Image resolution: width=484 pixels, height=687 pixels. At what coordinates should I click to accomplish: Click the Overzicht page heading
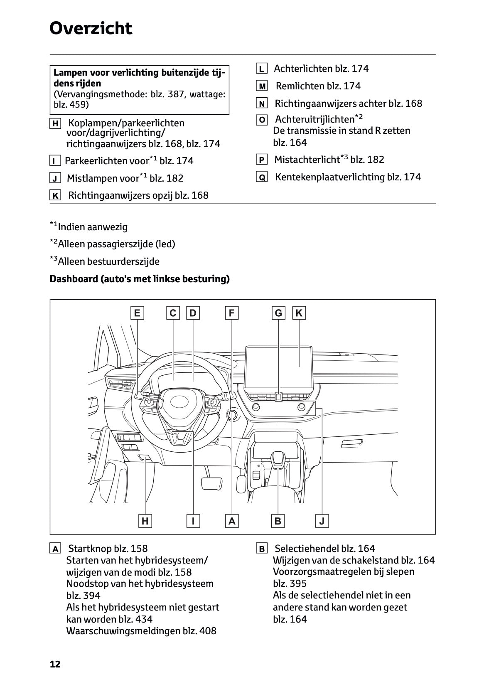point(91,29)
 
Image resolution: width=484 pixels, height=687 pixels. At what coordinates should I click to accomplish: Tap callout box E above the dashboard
point(137,313)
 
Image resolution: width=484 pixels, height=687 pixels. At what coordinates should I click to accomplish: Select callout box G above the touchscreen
point(279,313)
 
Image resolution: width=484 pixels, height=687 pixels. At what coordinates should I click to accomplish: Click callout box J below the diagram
point(322,521)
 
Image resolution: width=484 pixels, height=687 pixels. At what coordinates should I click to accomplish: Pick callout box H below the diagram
point(145,521)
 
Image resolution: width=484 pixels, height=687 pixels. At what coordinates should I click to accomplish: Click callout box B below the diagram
point(278,521)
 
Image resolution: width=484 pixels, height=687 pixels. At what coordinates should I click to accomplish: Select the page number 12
point(55,664)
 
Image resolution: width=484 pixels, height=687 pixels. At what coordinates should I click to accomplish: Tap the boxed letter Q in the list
point(262,177)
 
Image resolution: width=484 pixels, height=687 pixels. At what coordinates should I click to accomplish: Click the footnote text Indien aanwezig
point(93,227)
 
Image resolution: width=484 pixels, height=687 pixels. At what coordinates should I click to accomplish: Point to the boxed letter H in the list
point(55,123)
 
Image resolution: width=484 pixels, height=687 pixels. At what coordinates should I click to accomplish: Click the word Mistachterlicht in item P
point(307,160)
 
